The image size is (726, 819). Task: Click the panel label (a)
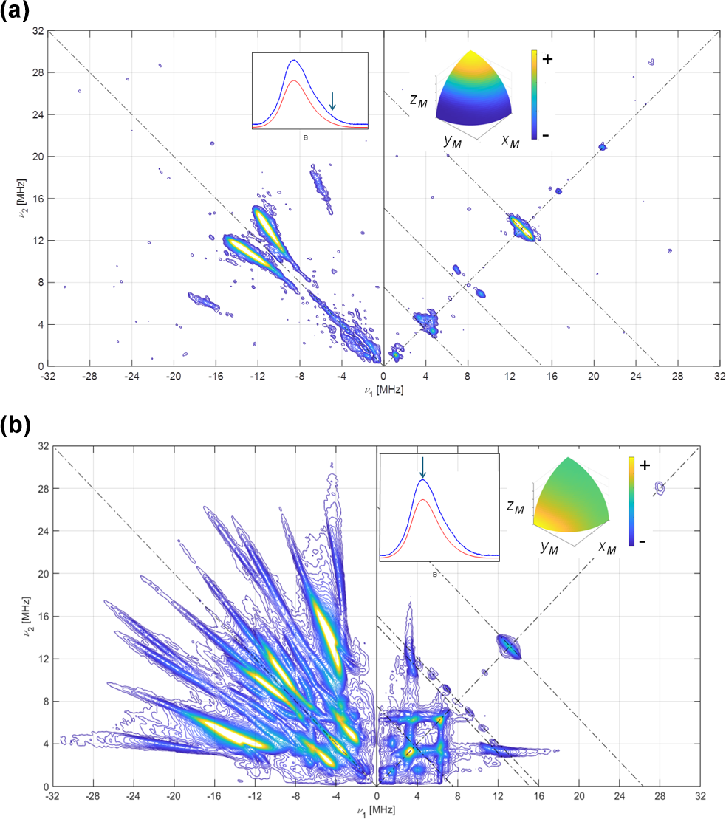point(15,13)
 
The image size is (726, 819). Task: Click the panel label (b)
point(16,427)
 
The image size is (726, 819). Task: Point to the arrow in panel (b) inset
point(422,467)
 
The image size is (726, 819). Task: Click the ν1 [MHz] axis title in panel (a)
point(383,390)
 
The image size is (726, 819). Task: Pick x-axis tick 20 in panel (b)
point(579,797)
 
